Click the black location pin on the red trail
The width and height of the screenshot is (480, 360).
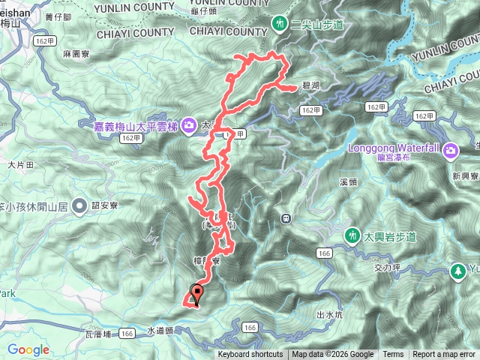198,293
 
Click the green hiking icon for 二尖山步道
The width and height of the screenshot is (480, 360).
279,23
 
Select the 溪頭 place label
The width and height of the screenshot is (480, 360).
348,182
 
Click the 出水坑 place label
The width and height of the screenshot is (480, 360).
330,314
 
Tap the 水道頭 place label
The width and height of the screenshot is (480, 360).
160,330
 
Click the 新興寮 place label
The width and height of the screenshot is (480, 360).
466,175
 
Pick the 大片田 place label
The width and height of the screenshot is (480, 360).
21,163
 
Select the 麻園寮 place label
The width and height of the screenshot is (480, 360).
77,55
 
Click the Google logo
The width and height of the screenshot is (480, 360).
28,349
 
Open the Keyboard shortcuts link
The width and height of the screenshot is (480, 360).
250,355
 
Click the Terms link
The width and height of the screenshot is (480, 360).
393,355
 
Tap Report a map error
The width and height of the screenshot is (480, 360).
444,355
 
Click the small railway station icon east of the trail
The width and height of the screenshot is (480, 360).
286,218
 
